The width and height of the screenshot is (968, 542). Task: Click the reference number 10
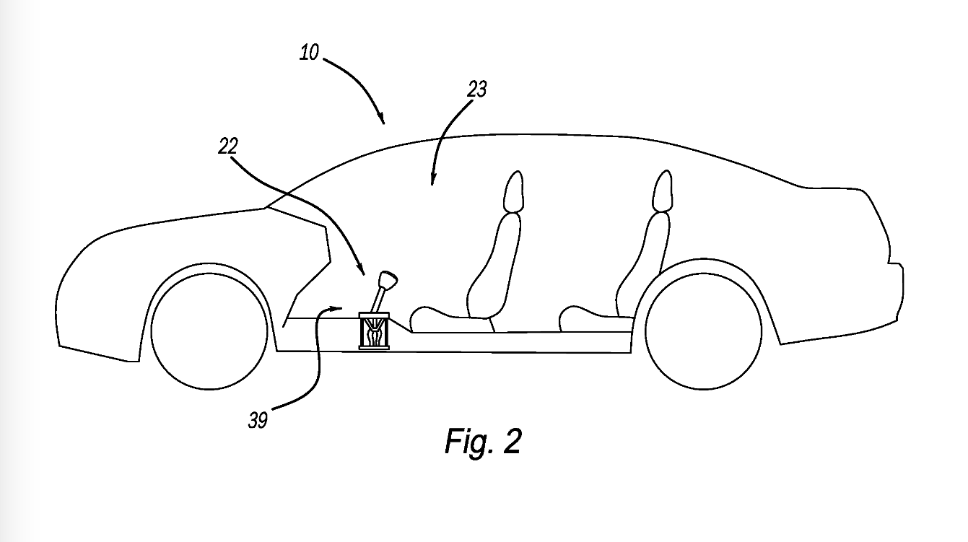[309, 53]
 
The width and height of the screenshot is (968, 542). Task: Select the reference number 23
[477, 89]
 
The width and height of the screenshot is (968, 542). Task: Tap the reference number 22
[228, 147]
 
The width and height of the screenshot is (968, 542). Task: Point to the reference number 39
[258, 421]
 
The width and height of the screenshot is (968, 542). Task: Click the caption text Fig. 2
[482, 441]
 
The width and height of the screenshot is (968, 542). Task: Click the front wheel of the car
[209, 330]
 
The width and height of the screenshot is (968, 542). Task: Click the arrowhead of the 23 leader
[432, 181]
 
